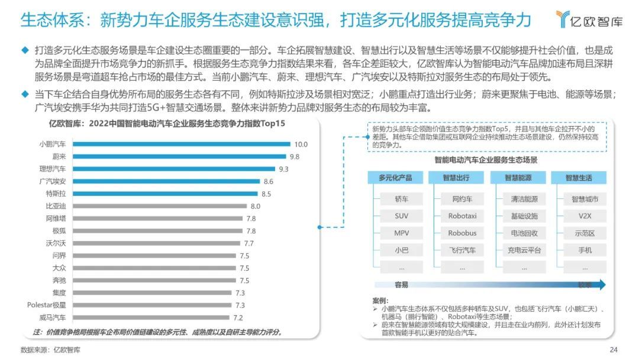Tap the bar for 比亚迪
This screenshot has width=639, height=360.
click(x=160, y=206)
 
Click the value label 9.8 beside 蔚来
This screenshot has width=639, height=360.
click(x=294, y=156)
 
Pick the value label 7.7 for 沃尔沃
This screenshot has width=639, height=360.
click(x=248, y=243)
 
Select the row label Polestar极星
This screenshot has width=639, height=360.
click(x=47, y=305)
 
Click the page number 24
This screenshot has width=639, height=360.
click(x=614, y=349)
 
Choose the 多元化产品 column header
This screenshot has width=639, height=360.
click(x=395, y=178)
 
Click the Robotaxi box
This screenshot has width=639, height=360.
click(x=462, y=216)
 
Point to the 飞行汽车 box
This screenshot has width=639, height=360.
click(x=462, y=250)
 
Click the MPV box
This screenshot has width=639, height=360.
click(x=401, y=233)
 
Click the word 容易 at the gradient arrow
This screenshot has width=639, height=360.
click(x=402, y=285)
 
